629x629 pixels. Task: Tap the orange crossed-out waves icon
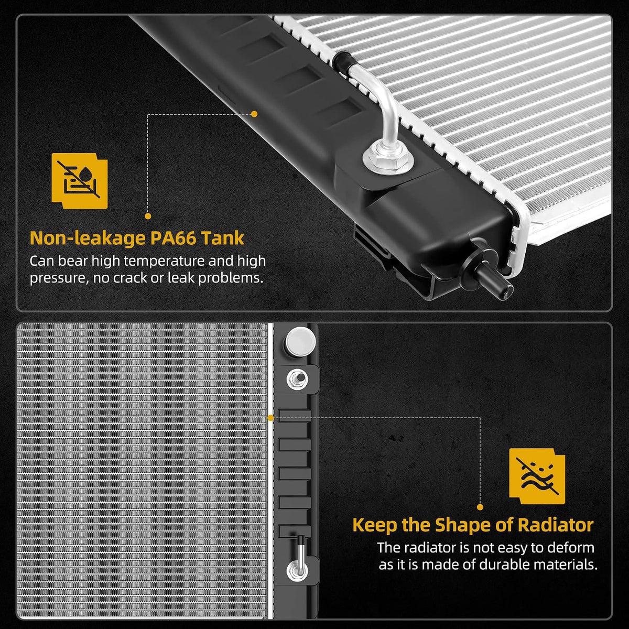pyautogui.click(x=537, y=476)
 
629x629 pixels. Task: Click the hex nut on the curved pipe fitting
pyautogui.click(x=388, y=158)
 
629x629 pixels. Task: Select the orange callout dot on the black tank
pyautogui.click(x=254, y=114)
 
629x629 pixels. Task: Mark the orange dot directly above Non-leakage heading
pyautogui.click(x=148, y=216)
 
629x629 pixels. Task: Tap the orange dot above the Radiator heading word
pyautogui.click(x=480, y=507)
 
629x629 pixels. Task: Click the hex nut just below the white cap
pyautogui.click(x=297, y=379)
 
